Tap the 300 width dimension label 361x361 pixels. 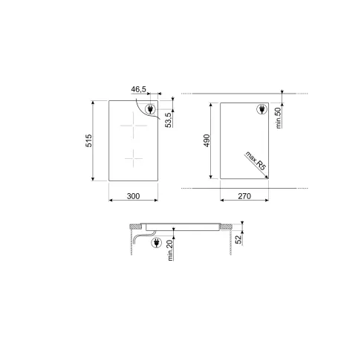(133, 196)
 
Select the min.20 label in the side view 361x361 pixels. (169, 251)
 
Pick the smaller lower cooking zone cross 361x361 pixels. (132, 158)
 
